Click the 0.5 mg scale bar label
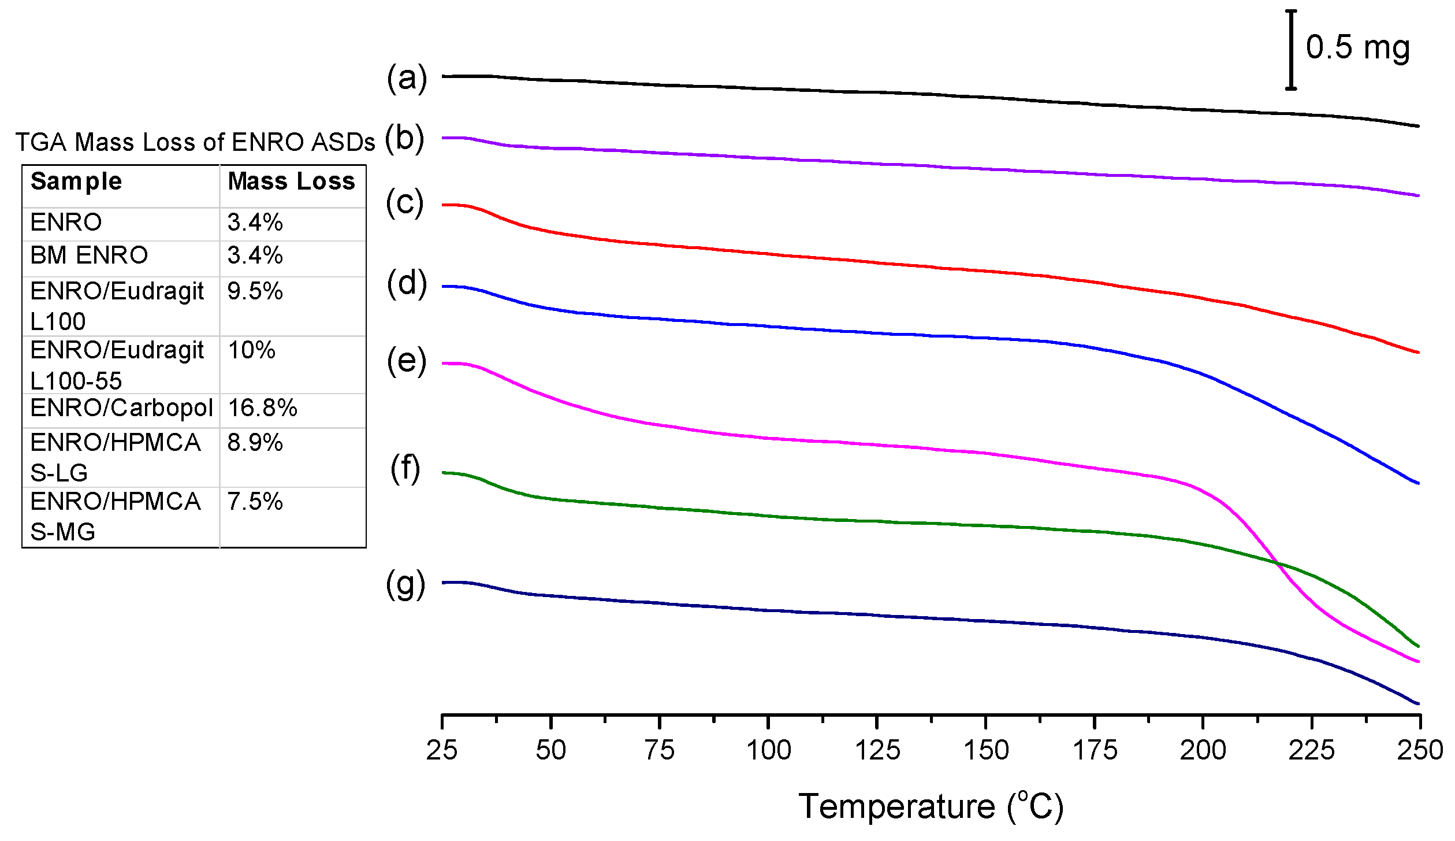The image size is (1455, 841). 1357,48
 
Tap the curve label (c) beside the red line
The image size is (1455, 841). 404,203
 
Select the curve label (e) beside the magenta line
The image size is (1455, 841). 407,361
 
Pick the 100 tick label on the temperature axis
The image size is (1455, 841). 768,751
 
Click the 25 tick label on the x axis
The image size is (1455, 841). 442,751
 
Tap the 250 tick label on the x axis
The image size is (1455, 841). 1419,751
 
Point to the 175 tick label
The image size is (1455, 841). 1095,751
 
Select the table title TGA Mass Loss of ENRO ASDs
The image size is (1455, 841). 195,142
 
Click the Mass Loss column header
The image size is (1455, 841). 291,181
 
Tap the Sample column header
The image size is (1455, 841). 76,181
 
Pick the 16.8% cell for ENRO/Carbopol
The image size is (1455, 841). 262,408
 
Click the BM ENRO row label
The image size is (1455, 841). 89,255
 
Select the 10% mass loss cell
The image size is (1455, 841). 251,350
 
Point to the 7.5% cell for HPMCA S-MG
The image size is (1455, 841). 255,502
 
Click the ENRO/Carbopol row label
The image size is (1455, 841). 121,408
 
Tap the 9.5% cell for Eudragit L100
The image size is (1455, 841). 255,291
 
